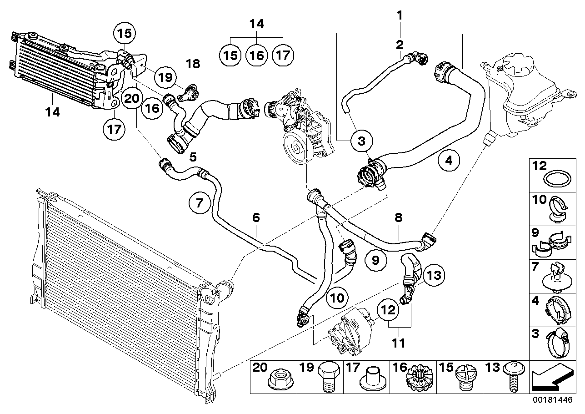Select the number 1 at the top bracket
click(x=400, y=15)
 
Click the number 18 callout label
click(x=193, y=64)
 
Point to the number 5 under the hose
click(x=193, y=157)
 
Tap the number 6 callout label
click(x=256, y=217)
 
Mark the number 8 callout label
click(x=399, y=217)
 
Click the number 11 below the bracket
click(x=399, y=343)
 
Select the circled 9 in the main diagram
click(x=375, y=260)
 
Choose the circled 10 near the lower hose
click(x=337, y=298)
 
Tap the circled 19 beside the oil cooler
click(x=165, y=77)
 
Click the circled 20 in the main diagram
click(x=132, y=99)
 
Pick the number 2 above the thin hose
click(x=400, y=45)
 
